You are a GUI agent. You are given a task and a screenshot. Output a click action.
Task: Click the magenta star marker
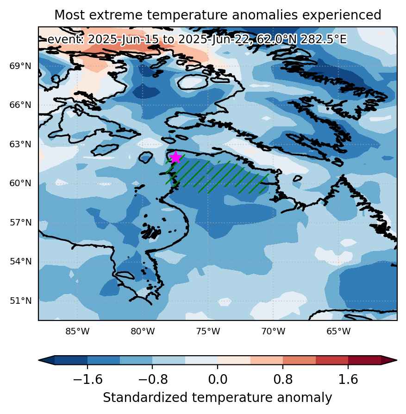175,157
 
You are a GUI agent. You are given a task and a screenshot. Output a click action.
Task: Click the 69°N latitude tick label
20,66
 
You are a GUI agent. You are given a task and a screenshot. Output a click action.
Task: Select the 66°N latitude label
20,105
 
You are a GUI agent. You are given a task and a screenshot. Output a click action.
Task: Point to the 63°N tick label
20,144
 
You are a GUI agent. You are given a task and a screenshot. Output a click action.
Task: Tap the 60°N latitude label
20,183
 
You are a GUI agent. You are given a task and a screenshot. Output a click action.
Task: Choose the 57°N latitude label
20,222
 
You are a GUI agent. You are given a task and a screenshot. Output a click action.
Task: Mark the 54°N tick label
20,261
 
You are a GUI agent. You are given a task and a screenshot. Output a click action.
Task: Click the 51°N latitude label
20,301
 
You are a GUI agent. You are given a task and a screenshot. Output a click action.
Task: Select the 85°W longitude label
77,331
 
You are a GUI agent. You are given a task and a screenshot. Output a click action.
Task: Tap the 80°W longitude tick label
143,331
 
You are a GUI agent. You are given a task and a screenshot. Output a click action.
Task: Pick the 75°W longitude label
208,331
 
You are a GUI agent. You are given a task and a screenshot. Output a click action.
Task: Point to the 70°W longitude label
273,331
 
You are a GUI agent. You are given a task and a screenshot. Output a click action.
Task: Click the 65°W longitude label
338,331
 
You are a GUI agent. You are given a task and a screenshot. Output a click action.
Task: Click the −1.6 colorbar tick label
87,379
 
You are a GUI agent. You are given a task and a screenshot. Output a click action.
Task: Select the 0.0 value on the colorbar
218,379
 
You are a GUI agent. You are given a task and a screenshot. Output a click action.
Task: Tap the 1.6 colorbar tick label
348,379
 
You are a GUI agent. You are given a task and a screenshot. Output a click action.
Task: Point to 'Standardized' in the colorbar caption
145,398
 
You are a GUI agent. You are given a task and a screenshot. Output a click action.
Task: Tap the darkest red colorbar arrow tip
396,360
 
